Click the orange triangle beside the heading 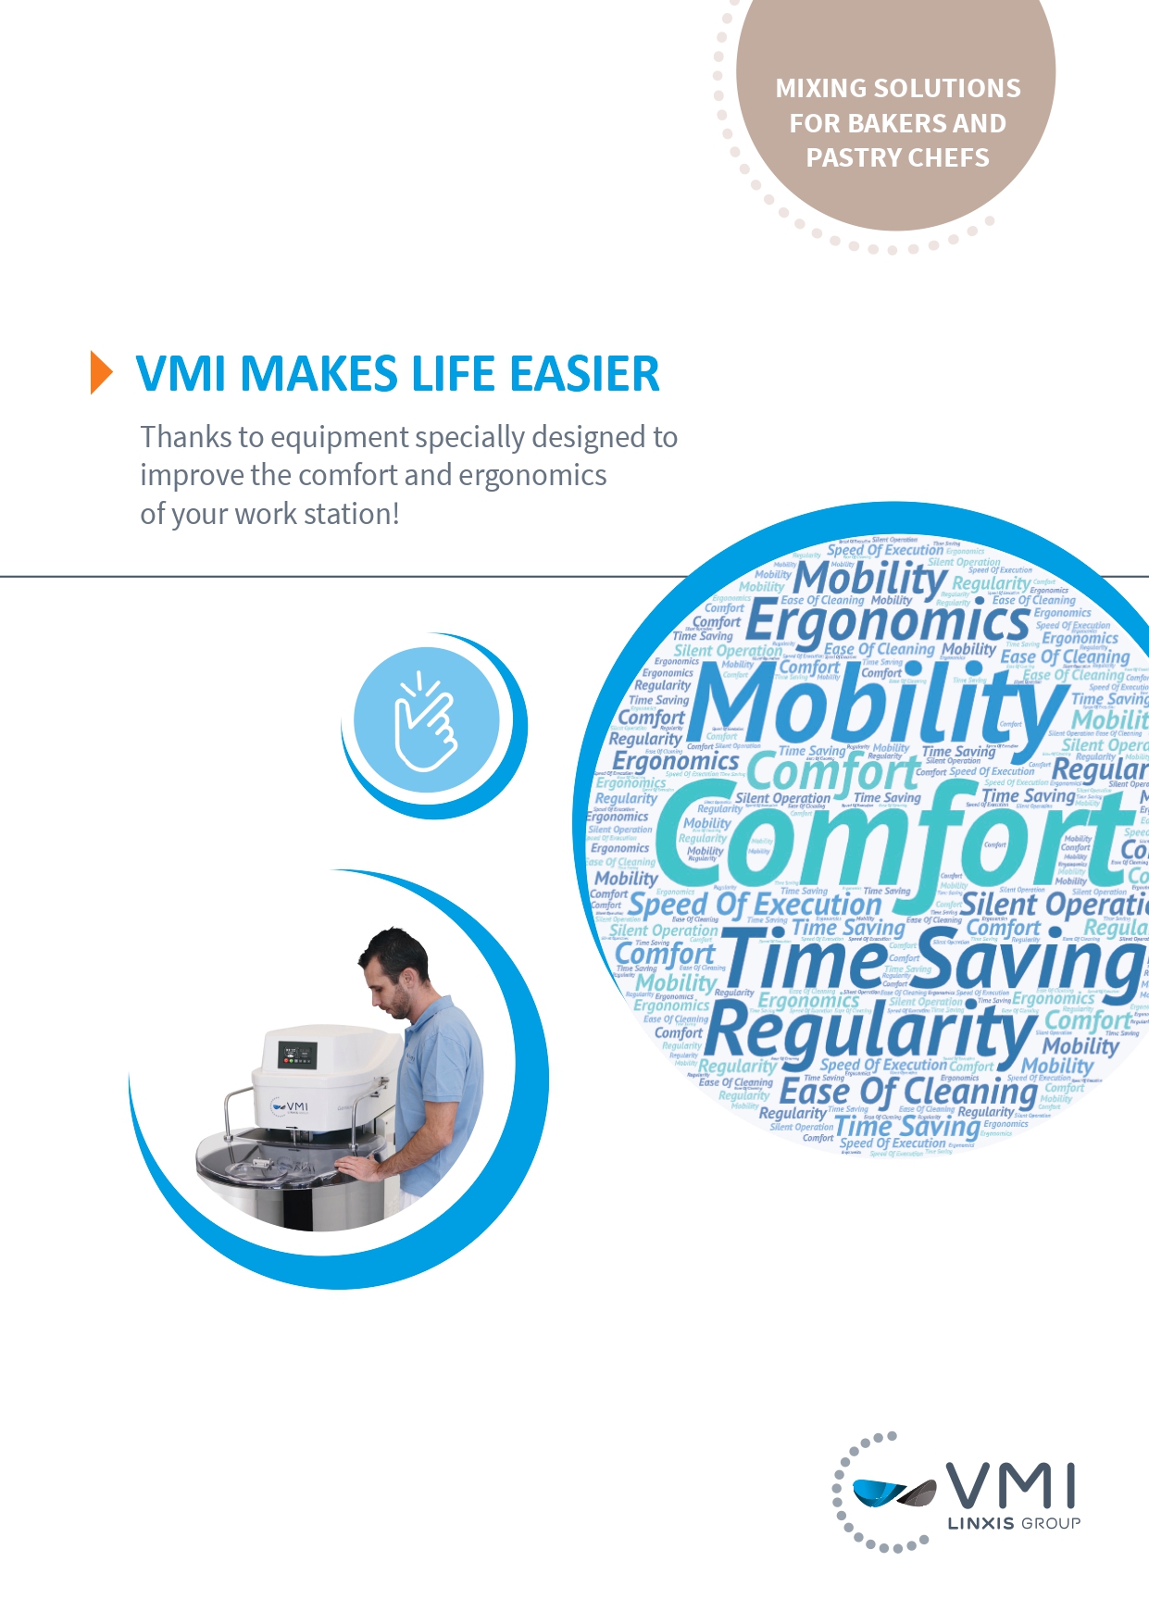click(101, 373)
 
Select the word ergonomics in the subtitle click(532, 475)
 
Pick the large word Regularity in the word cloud click(870, 1029)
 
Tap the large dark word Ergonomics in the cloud click(887, 621)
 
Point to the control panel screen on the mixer click(297, 1056)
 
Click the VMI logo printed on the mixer click(289, 1106)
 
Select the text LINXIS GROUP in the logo click(1014, 1523)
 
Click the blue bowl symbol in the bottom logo click(880, 1492)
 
